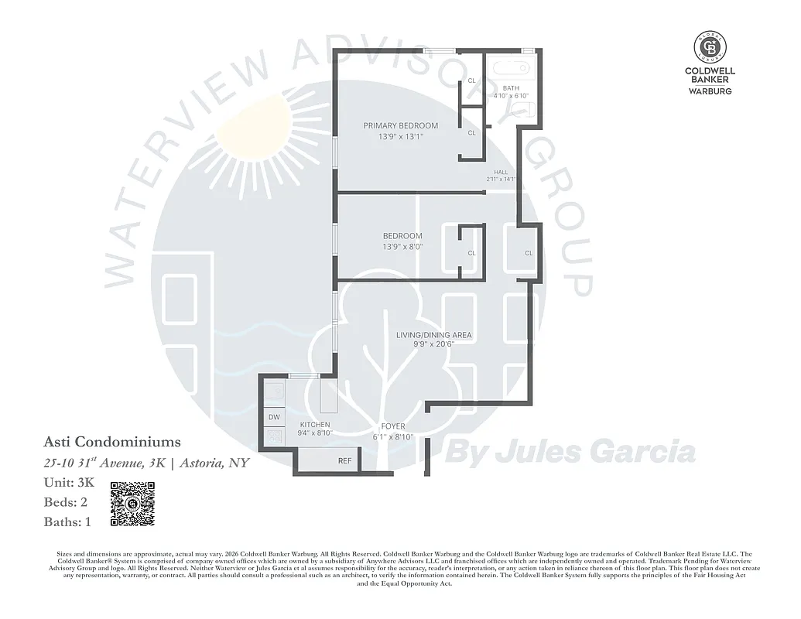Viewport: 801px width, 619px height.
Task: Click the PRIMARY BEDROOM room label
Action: coord(401,125)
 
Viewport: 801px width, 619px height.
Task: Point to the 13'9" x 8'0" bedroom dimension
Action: coord(402,248)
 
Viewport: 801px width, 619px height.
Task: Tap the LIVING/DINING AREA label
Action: coord(433,335)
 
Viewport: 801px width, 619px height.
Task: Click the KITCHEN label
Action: coord(315,425)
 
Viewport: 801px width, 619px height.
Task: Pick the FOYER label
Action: coord(393,426)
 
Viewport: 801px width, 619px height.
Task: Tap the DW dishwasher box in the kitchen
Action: coord(274,417)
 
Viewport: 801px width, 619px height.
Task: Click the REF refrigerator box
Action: coord(344,460)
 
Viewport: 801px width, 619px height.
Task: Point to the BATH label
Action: coord(511,88)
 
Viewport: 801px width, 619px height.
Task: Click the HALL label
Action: coord(501,172)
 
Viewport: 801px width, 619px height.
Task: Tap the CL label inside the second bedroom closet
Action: coord(471,253)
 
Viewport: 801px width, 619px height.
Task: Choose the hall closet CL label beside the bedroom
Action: coord(529,253)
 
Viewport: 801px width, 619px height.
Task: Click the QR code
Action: coord(133,504)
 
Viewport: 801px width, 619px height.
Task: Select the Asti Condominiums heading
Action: coord(112,443)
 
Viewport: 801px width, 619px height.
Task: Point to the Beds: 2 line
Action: coord(66,502)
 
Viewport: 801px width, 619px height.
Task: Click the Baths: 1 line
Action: coord(68,522)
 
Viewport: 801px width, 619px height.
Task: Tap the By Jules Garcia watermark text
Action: coord(572,450)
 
